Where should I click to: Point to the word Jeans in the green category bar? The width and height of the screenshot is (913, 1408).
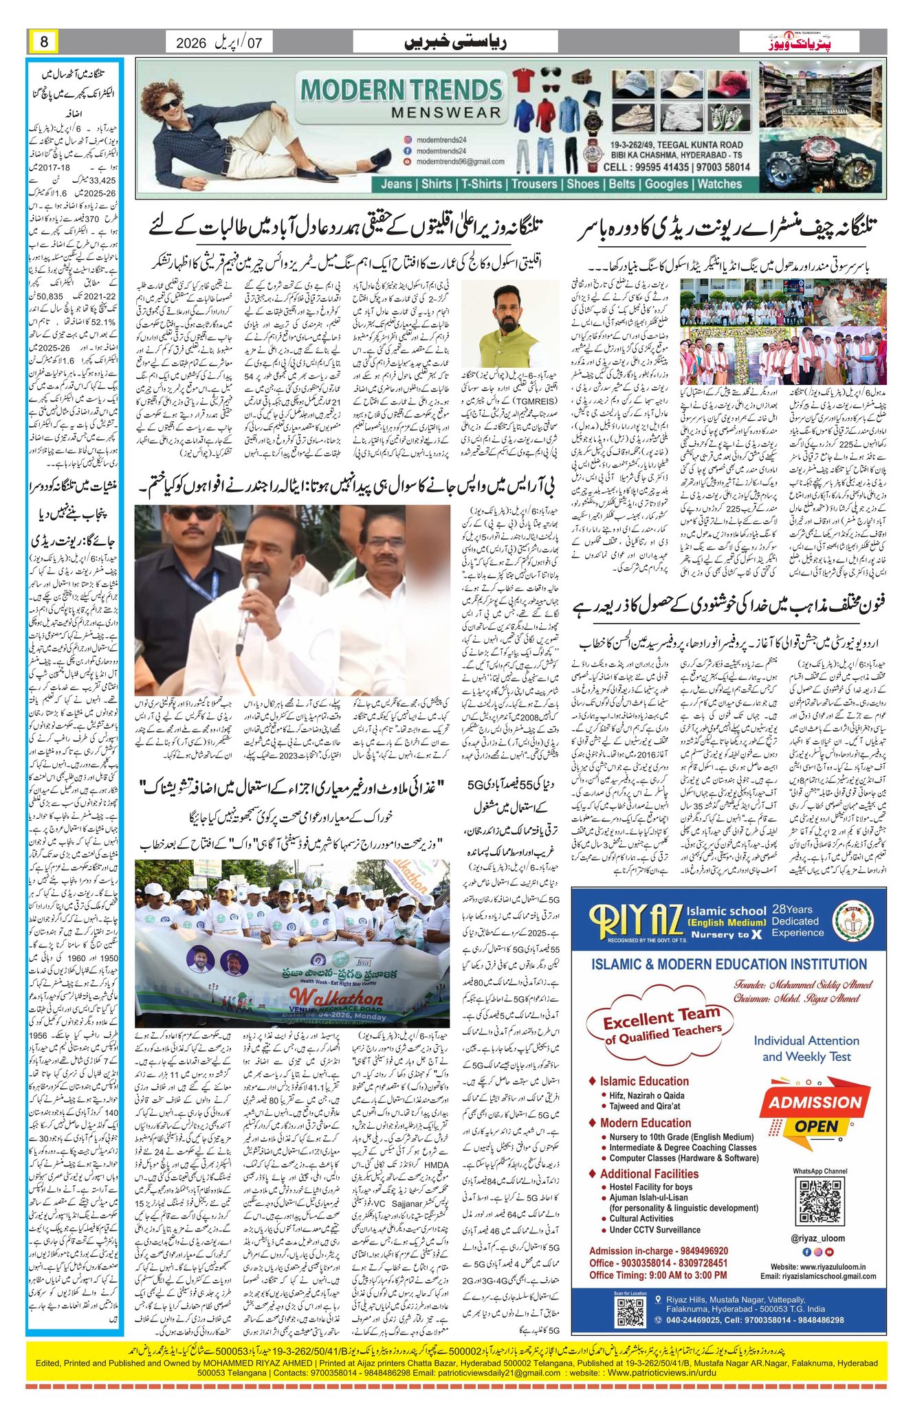click(397, 184)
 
